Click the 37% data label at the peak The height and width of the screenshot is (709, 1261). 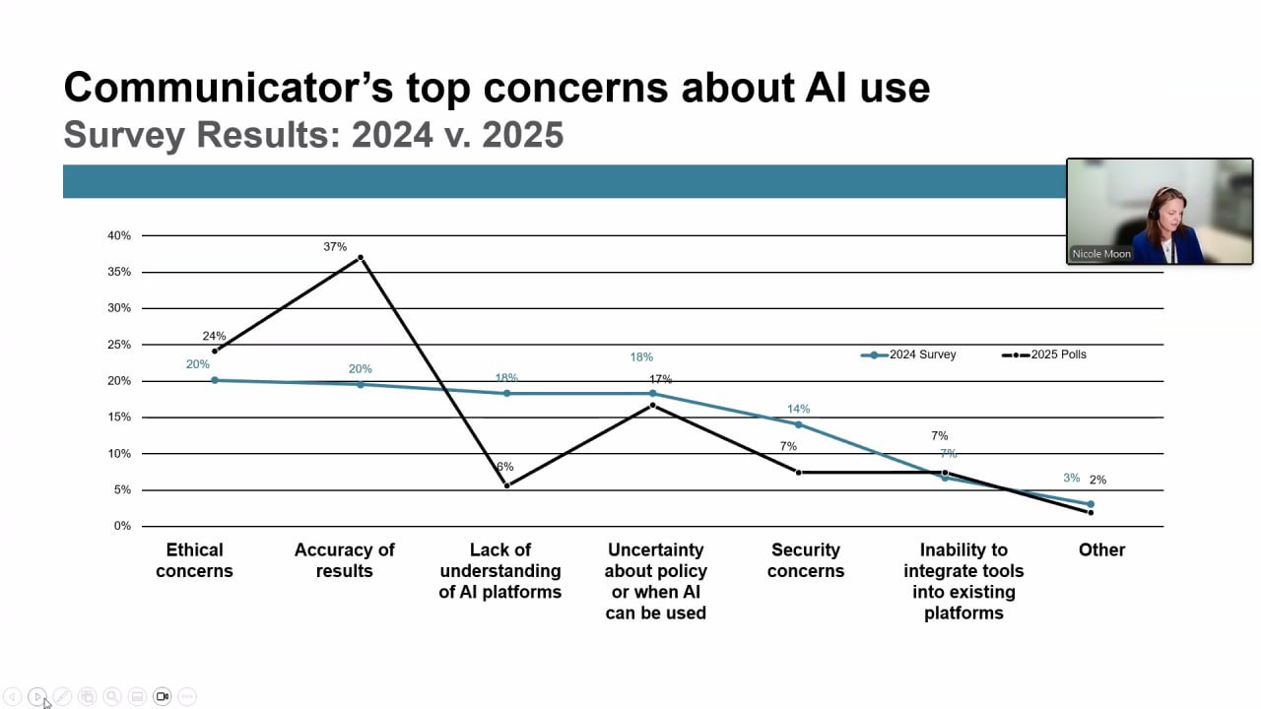click(x=335, y=246)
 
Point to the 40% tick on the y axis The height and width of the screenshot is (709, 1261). click(x=119, y=235)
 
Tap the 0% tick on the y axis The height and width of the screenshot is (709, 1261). click(x=122, y=526)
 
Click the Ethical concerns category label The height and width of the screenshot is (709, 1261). click(x=194, y=560)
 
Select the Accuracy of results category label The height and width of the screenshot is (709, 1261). click(x=344, y=560)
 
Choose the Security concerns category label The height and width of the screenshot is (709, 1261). click(x=805, y=560)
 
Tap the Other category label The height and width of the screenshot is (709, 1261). click(x=1101, y=549)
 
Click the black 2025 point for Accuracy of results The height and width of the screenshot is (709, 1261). click(x=361, y=258)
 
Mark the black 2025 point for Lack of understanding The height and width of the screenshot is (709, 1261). click(x=507, y=485)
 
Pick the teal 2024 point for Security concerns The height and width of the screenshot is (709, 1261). click(x=798, y=424)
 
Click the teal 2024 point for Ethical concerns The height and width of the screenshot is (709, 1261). click(x=215, y=380)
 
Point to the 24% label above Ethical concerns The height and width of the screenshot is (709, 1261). click(x=214, y=336)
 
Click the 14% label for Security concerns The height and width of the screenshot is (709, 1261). click(x=798, y=409)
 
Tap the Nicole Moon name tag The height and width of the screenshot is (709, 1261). click(x=1101, y=254)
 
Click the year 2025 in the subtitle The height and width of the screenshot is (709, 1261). click(x=522, y=134)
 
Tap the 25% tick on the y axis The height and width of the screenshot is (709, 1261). click(x=119, y=345)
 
